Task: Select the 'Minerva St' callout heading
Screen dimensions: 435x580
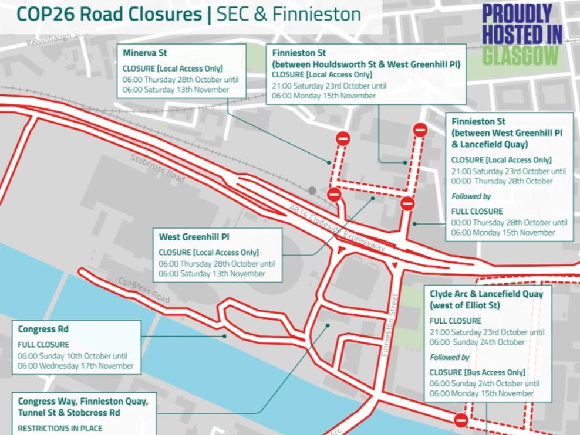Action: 144,53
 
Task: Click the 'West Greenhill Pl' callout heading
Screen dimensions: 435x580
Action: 194,237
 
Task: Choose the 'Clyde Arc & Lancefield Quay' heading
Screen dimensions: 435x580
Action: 486,294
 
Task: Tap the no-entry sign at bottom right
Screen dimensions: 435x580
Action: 461,420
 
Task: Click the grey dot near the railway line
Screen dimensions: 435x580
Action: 312,191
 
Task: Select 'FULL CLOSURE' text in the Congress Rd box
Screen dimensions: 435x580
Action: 43,345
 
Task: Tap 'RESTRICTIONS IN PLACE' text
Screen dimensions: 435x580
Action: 60,429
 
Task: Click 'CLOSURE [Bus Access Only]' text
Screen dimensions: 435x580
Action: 477,372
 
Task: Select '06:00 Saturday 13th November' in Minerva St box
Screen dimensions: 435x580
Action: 176,90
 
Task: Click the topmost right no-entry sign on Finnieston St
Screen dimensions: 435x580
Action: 420,130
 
